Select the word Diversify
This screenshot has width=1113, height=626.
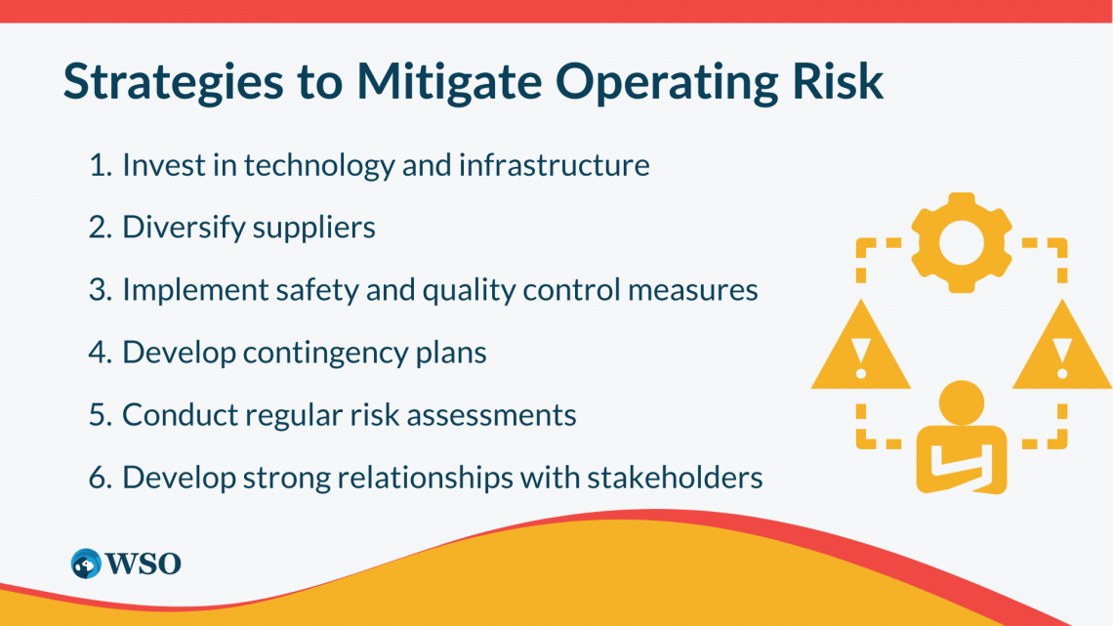(183, 229)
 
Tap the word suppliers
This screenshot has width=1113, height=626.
(314, 229)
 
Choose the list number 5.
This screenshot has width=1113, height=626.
(99, 416)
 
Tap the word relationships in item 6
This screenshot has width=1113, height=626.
(405, 479)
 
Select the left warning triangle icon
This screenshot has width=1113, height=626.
(860, 352)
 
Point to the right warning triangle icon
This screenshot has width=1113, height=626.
(1062, 352)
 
